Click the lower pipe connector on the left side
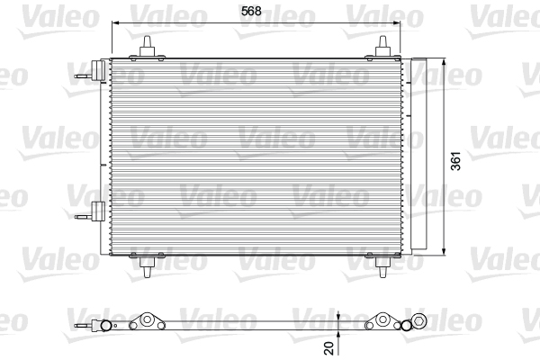pyautogui.click(x=94, y=212)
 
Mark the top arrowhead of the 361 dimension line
pyautogui.click(x=446, y=61)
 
